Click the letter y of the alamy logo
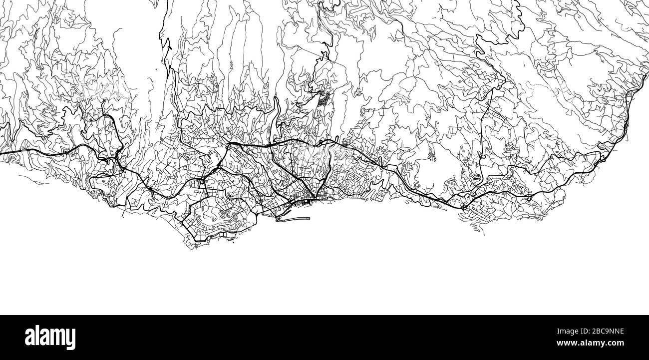(71, 340)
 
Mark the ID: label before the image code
(577, 330)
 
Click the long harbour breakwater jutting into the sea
(292, 219)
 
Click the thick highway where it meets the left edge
(2, 153)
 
